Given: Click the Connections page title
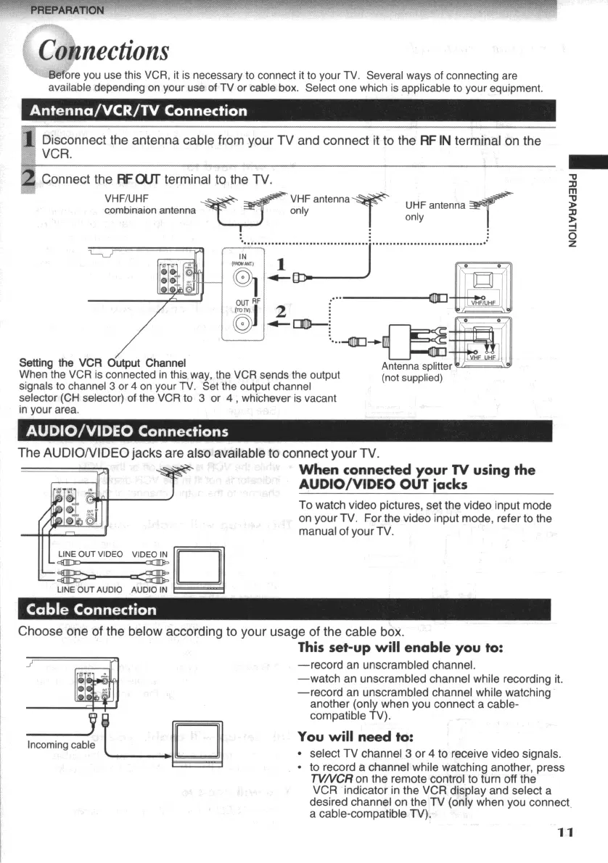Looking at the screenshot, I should tap(104, 51).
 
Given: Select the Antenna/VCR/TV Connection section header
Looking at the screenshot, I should tap(136, 111).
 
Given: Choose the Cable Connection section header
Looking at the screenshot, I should tap(91, 609).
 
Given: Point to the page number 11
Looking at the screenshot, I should tap(566, 832).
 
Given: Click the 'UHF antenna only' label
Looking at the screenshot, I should tap(434, 210).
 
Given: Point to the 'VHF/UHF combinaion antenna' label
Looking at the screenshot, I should tap(149, 205).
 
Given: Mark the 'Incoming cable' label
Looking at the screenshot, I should tap(61, 745).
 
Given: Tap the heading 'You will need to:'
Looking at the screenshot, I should tap(345, 736).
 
